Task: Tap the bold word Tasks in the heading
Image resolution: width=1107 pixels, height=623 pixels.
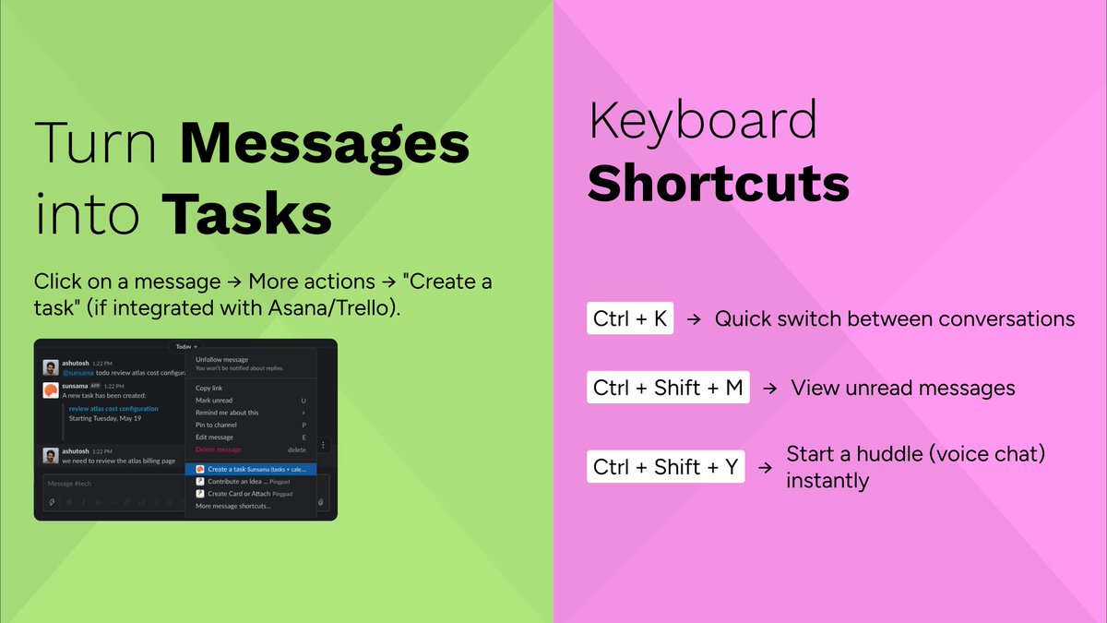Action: coord(248,215)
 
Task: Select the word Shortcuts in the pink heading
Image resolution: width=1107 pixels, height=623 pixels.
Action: coord(718,183)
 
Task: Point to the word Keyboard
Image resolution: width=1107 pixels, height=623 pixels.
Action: coord(703,120)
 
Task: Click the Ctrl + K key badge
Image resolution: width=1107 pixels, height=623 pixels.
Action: coord(631,319)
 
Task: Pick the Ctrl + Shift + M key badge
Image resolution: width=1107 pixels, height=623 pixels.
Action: coord(668,388)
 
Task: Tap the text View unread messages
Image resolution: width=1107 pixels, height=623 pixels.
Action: coord(902,388)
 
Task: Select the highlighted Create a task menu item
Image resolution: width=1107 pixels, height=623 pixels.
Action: coord(250,469)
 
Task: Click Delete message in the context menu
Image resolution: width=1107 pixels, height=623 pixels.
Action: coord(219,449)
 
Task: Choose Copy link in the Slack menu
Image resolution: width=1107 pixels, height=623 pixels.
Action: coord(209,389)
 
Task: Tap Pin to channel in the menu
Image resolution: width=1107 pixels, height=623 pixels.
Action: coord(216,425)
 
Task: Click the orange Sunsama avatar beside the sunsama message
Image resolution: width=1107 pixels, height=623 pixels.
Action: coord(51,391)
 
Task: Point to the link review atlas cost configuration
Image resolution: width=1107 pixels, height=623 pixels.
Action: coord(113,408)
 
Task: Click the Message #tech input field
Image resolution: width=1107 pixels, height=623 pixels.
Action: coord(111,484)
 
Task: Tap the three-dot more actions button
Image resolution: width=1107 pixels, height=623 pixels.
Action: coord(323,445)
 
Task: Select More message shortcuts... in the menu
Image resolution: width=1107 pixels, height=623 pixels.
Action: coord(233,506)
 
